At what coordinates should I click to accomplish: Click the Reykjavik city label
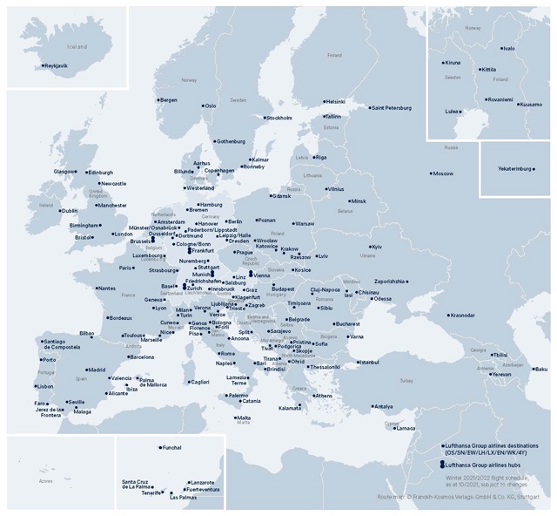(57, 65)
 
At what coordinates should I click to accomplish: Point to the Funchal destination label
(171, 448)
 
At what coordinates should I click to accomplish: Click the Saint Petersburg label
(391, 108)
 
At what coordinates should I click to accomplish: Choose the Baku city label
(541, 369)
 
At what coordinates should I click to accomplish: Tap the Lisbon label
(45, 386)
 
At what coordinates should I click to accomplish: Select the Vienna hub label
(262, 275)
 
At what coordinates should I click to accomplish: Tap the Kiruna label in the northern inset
(453, 63)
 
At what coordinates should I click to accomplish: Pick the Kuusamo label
(531, 105)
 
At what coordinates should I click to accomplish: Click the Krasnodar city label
(463, 315)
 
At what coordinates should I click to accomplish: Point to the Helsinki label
(336, 101)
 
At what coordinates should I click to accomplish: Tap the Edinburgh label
(101, 173)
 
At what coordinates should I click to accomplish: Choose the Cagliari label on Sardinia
(199, 382)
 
